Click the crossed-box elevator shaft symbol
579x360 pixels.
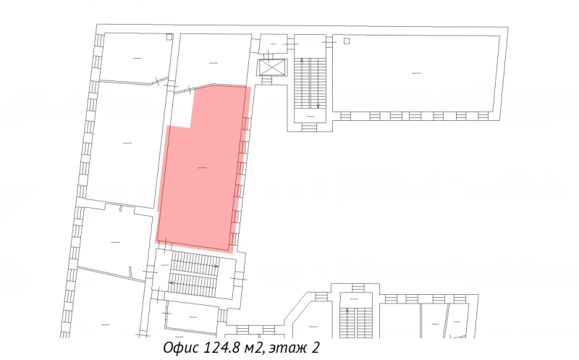click(x=273, y=67)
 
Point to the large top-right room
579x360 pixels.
click(x=416, y=72)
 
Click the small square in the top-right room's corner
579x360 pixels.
click(x=347, y=41)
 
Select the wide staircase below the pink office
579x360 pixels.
click(x=194, y=275)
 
